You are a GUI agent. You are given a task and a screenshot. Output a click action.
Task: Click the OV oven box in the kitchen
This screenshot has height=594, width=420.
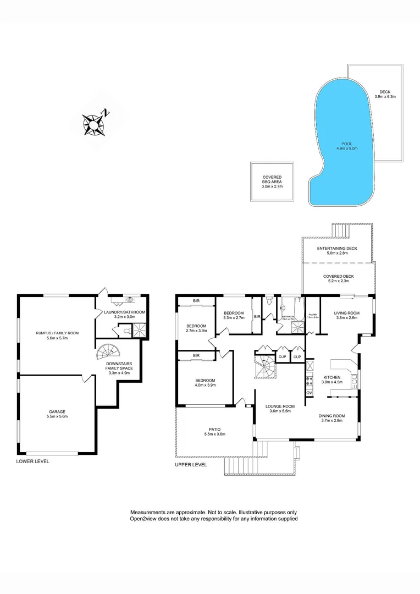coord(309,393)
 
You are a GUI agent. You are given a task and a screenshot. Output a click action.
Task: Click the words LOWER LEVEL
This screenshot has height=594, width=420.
coord(33,461)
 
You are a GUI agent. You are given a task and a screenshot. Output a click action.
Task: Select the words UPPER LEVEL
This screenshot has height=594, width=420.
coord(191,465)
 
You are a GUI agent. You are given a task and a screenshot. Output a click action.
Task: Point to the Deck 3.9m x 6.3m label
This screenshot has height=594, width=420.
coord(385,94)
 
